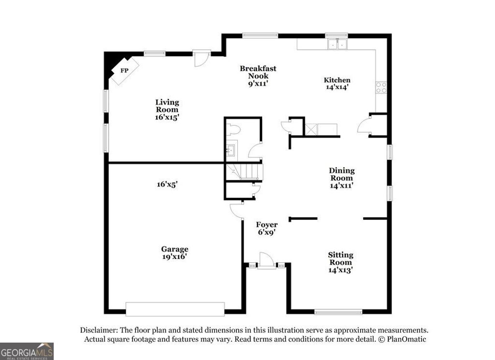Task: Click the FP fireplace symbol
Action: click(x=124, y=71)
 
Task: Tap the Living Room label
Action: click(x=167, y=109)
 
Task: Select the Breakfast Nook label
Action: click(x=258, y=76)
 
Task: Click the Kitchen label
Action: click(x=337, y=83)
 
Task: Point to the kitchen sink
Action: click(x=338, y=44)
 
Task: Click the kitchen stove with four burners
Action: click(x=381, y=88)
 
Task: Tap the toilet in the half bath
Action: click(x=234, y=129)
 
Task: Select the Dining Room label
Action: click(x=342, y=178)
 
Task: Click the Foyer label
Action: click(x=267, y=228)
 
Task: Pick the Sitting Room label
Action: click(x=340, y=262)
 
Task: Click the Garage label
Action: click(x=175, y=253)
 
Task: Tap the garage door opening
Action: click(x=175, y=309)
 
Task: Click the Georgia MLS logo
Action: click(x=27, y=351)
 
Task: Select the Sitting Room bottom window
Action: click(x=338, y=312)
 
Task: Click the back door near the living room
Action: click(x=201, y=58)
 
